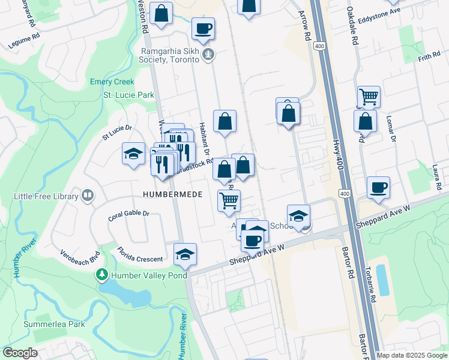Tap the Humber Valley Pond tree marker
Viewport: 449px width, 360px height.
(x=102, y=275)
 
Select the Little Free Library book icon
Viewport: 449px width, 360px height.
(x=88, y=196)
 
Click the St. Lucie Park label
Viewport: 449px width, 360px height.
(x=128, y=95)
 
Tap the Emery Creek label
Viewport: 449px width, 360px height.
(x=112, y=82)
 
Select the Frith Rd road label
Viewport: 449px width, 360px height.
(x=429, y=58)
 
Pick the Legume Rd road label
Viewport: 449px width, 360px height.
(x=24, y=41)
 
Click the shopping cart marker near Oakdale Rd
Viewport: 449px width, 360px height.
(x=369, y=97)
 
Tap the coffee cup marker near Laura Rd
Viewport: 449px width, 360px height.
(x=378, y=188)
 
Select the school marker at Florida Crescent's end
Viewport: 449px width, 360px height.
(x=185, y=254)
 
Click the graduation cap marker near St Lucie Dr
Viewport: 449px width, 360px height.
(x=133, y=154)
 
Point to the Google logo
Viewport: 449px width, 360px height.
(x=20, y=353)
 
